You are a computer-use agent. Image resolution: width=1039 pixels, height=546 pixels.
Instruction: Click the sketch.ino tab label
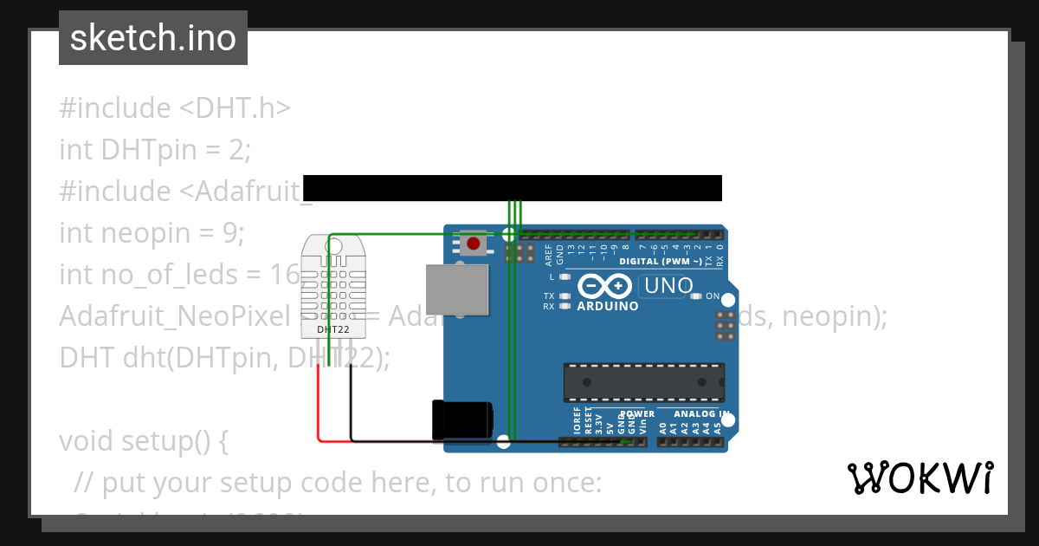click(152, 38)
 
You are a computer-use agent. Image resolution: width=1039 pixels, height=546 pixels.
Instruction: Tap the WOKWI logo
click(920, 478)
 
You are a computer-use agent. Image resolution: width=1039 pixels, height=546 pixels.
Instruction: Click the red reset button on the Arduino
click(473, 244)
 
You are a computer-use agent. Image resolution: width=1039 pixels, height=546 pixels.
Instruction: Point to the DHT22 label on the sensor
click(332, 329)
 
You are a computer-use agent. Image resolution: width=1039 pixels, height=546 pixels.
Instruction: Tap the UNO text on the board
click(668, 285)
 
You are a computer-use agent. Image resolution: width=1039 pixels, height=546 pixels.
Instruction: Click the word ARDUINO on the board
click(607, 306)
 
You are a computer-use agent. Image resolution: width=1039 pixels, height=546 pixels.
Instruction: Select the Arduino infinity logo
click(605, 286)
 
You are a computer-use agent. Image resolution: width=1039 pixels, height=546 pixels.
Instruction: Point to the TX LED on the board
click(565, 296)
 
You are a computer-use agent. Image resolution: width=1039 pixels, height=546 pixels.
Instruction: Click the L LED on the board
click(565, 277)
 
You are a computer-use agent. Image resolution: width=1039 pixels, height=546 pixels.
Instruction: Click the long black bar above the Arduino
click(512, 188)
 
